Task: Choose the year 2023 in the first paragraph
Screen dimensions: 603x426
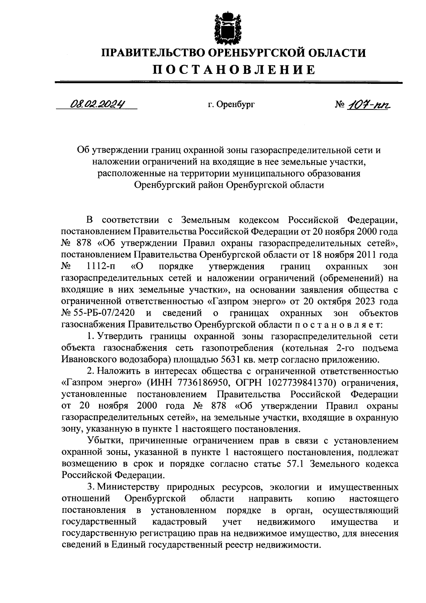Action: (x=369, y=301)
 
